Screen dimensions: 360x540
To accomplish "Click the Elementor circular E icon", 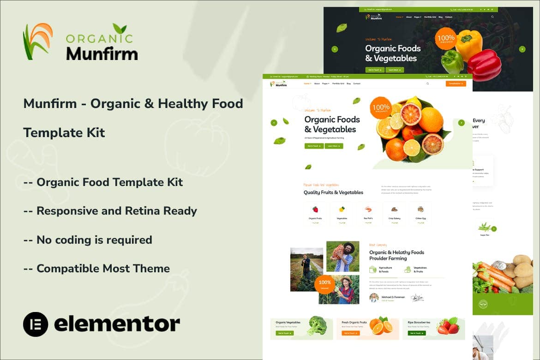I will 36,324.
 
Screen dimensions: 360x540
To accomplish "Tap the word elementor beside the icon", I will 117,324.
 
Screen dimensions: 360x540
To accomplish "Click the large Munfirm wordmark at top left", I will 102,53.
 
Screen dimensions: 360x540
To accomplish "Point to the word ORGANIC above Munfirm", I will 99,38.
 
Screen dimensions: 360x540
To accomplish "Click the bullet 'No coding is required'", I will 88,240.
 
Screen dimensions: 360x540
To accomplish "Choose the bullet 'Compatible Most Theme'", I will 96,269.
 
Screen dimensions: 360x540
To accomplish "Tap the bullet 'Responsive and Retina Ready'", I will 110,211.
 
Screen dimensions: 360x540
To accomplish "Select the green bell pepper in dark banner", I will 452,62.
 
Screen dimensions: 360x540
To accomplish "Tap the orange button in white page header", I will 456,84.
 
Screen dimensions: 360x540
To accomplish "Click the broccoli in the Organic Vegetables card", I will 317,325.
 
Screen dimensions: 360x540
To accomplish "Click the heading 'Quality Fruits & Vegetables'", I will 333,192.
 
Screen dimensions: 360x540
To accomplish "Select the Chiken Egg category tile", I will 420,213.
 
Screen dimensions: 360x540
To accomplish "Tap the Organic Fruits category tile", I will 315,213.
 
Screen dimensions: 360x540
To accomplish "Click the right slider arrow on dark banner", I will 522,49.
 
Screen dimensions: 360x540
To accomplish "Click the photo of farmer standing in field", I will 306,269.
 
